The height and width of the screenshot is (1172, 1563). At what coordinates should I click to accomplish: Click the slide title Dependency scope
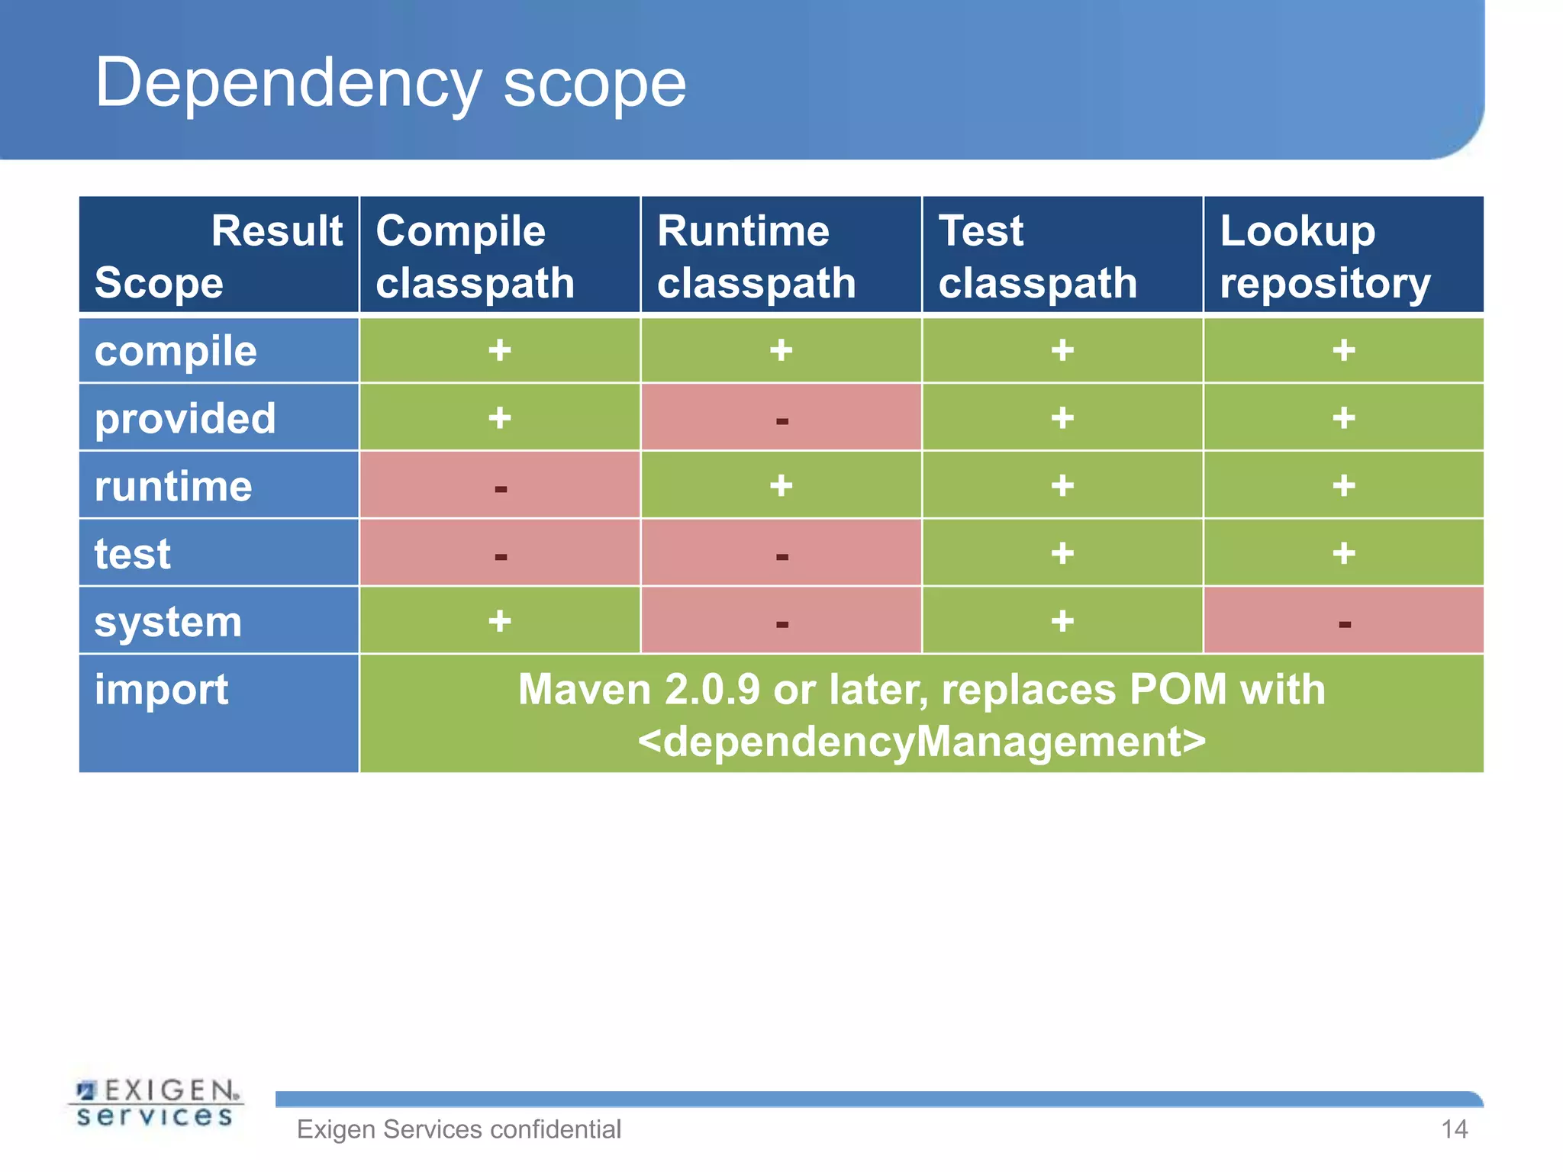(390, 83)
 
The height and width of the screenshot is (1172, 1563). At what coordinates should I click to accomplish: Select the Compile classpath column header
(475, 256)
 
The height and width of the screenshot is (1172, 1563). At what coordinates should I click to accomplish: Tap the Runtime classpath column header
(756, 256)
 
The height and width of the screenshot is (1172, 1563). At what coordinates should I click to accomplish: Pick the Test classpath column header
(1037, 256)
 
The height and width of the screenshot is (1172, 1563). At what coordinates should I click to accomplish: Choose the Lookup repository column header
(1324, 256)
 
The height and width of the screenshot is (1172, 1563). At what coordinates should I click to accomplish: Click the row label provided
(185, 418)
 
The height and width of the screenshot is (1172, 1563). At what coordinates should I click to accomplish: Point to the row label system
(168, 621)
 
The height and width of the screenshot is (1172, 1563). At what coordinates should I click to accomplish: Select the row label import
(161, 689)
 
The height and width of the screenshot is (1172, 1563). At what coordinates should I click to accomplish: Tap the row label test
(132, 554)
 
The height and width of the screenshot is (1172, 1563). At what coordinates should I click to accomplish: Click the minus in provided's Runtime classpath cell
(781, 420)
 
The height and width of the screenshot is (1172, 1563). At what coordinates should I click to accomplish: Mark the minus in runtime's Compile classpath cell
(501, 488)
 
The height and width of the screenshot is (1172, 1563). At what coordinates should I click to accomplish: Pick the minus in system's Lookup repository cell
(1345, 624)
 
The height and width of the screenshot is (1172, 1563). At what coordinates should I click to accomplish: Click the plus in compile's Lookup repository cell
(1344, 350)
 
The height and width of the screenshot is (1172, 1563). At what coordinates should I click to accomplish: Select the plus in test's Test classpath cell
(1062, 553)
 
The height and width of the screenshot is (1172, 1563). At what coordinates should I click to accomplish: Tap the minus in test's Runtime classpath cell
(781, 556)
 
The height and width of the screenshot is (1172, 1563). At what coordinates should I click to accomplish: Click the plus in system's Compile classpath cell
(500, 620)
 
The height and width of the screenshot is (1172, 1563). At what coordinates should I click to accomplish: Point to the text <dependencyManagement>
(921, 741)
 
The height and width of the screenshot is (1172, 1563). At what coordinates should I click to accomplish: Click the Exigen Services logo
(156, 1102)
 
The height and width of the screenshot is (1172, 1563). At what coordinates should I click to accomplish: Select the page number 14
(1454, 1129)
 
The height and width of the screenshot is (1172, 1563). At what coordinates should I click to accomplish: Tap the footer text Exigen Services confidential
(459, 1129)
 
